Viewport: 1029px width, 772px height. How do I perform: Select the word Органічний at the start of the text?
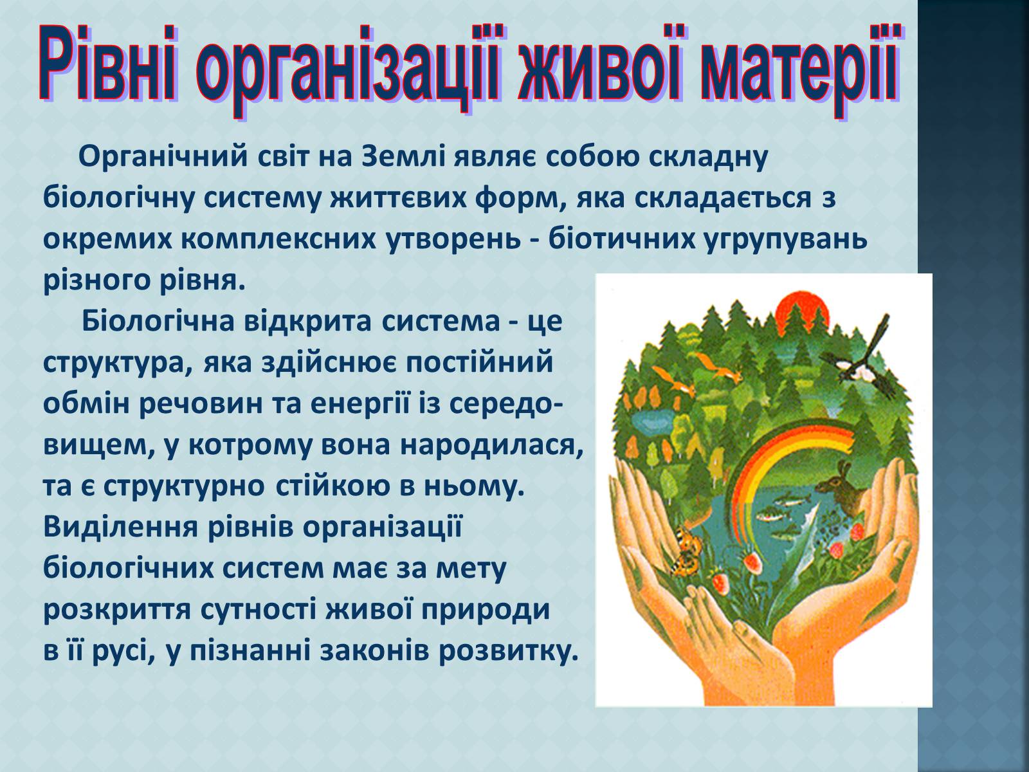click(x=163, y=157)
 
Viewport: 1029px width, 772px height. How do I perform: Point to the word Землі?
click(x=403, y=156)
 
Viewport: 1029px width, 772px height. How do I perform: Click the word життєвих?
click(x=397, y=198)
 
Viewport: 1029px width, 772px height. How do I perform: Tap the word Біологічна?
click(x=158, y=321)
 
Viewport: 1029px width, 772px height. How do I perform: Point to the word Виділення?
click(x=120, y=528)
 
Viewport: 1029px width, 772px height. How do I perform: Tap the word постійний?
click(x=480, y=362)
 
